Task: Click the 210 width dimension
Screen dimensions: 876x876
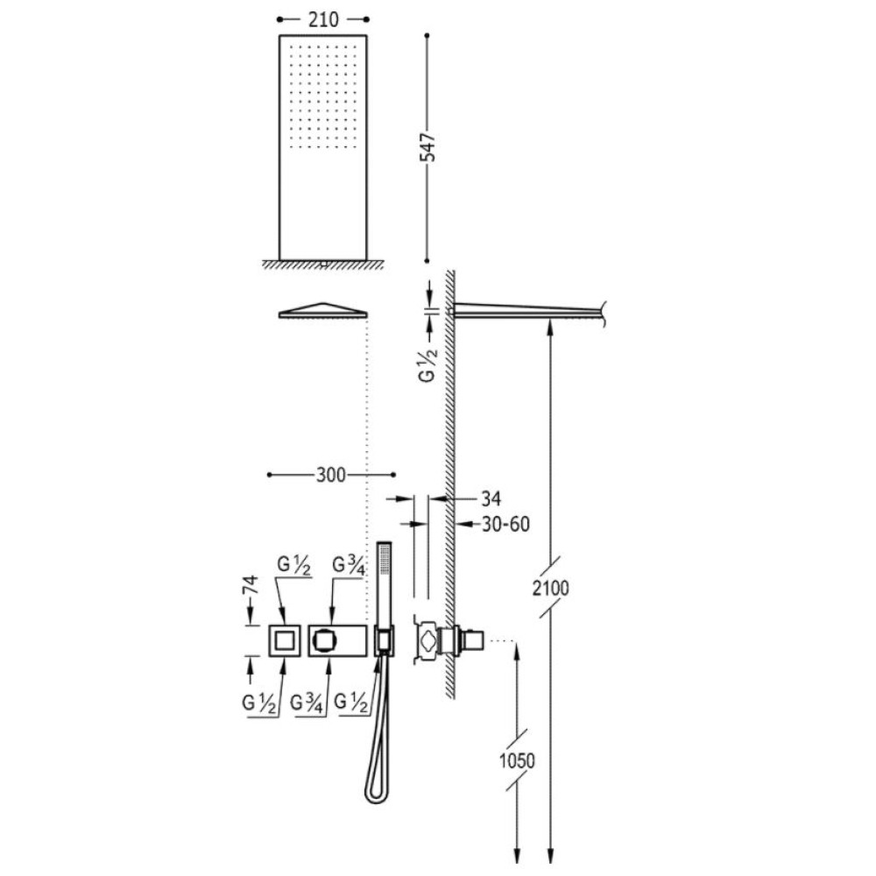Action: (323, 20)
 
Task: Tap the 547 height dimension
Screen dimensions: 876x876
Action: (428, 147)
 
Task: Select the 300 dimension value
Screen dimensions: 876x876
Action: (331, 476)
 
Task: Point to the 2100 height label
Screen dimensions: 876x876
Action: (550, 589)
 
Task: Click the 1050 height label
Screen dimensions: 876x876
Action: (517, 760)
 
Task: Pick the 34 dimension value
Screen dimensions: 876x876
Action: (491, 498)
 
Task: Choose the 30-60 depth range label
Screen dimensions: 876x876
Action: (505, 524)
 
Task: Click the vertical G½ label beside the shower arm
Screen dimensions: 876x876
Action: (427, 364)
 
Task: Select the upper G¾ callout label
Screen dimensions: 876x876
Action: (349, 565)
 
